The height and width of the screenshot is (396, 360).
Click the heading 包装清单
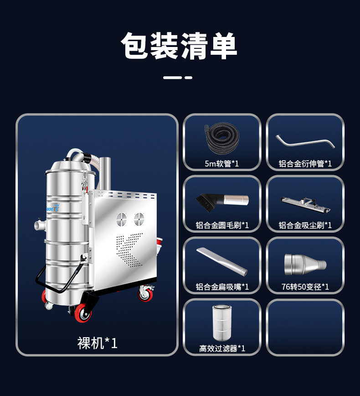179,46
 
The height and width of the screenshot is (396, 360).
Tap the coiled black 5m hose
222,138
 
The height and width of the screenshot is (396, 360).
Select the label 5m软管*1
222,164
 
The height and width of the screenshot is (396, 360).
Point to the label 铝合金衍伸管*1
305,164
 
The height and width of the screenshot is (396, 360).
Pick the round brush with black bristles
222,202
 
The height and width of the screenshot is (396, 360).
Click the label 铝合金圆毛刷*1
222,225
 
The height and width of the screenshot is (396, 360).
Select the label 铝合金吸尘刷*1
305,225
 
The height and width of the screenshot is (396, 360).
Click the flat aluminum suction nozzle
222,262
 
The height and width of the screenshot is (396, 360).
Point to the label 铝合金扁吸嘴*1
222,287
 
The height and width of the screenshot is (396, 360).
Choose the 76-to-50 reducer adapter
305,265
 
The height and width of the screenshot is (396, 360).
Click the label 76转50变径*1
305,287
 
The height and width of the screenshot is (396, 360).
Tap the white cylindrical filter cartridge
222,323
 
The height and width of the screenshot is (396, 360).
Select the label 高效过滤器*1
222,349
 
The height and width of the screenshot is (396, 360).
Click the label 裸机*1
97,343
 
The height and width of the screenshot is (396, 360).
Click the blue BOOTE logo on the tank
53,208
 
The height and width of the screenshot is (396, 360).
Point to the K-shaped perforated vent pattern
129,250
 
